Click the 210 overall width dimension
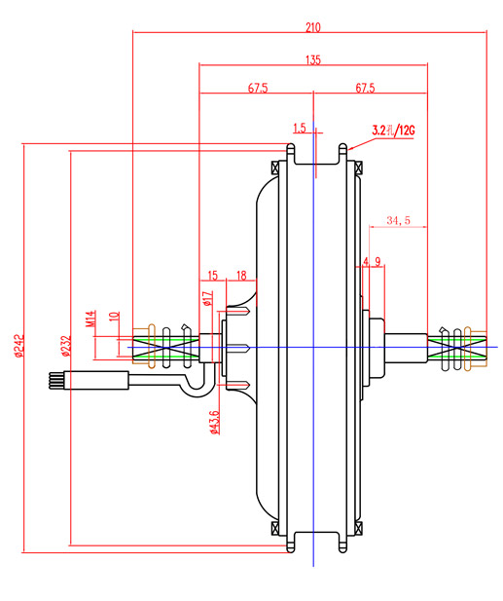coord(312,27)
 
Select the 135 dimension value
coord(312,60)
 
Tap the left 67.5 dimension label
coord(258,89)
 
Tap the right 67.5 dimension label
coord(365,89)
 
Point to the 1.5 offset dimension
coord(300,128)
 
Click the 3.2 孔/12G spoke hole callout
coord(393,131)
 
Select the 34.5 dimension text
coord(398,220)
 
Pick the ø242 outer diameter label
coord(19,346)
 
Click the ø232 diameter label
coord(66,346)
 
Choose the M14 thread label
coord(90,319)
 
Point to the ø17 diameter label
coord(208,298)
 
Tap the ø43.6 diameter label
coord(215,423)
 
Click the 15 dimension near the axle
coord(212,276)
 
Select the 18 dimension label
coord(241,276)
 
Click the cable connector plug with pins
coord(90,380)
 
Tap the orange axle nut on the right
coord(475,349)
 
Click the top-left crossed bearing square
coord(275,168)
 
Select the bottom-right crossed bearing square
coord(358,528)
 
